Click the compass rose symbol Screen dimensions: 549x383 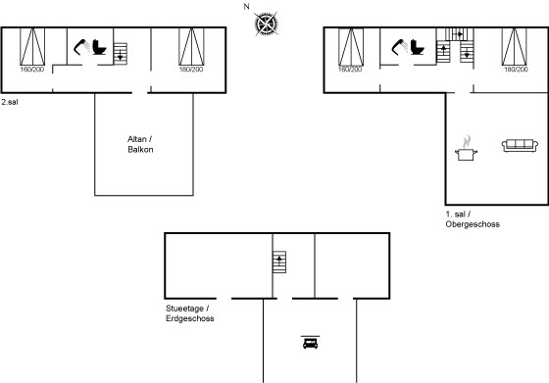pyautogui.click(x=267, y=24)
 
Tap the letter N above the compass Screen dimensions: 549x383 pyautogui.click(x=246, y=6)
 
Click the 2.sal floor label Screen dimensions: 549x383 pyautogui.click(x=10, y=102)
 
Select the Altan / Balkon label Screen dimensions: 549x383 pyautogui.click(x=140, y=144)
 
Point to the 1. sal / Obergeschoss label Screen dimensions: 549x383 pyautogui.click(x=473, y=219)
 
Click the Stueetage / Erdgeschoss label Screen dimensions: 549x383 pyautogui.click(x=190, y=313)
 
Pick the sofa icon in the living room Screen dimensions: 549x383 pyautogui.click(x=520, y=146)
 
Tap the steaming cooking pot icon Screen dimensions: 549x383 pyautogui.click(x=466, y=148)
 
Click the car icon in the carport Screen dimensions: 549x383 pyautogui.click(x=310, y=343)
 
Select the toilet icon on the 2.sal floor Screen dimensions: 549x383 pyautogui.click(x=99, y=47)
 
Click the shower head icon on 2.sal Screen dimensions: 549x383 pyautogui.click(x=82, y=47)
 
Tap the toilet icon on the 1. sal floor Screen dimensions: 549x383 pyautogui.click(x=418, y=47)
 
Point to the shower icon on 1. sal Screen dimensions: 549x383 pyautogui.click(x=400, y=47)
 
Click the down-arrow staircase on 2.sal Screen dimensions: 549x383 pyautogui.click(x=120, y=54)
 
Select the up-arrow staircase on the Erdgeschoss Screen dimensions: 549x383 pyautogui.click(x=279, y=262)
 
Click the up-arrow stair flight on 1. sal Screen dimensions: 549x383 pyautogui.click(x=443, y=52)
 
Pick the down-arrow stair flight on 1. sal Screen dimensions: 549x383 pyautogui.click(x=467, y=52)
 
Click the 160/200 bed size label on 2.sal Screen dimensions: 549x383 pyautogui.click(x=32, y=70)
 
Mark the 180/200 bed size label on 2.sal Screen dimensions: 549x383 pyautogui.click(x=191, y=70)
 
